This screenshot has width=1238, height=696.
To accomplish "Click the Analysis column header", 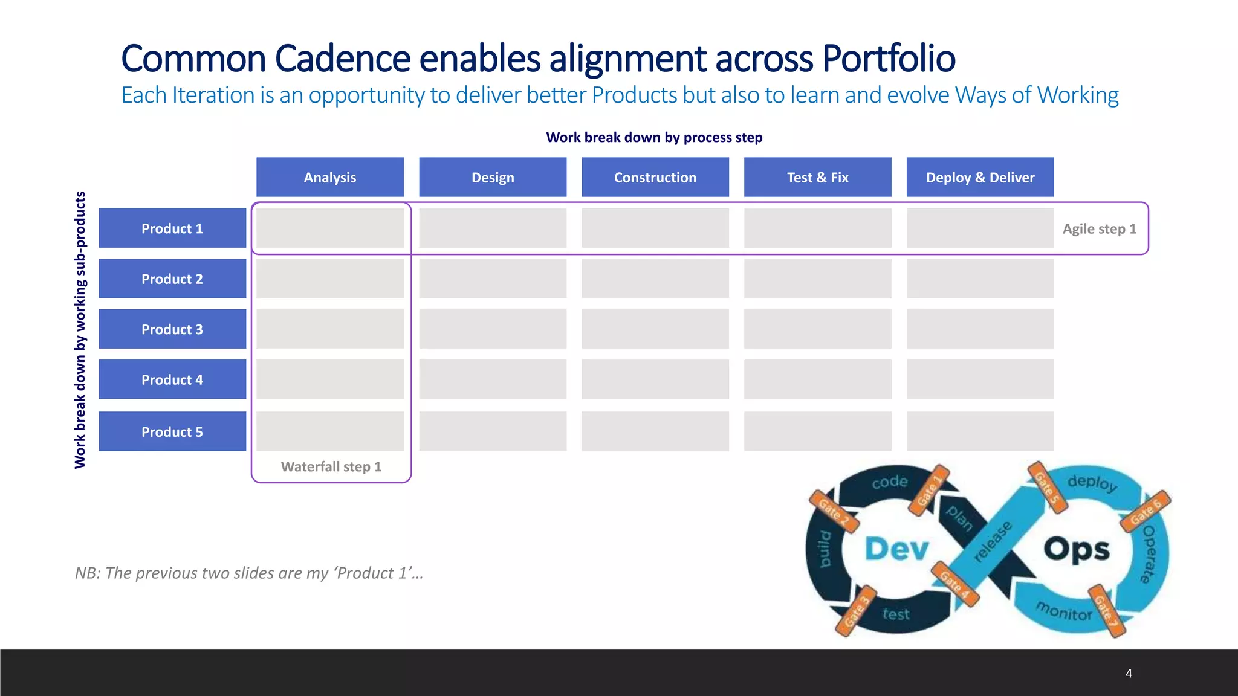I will (329, 177).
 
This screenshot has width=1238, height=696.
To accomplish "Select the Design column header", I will (493, 177).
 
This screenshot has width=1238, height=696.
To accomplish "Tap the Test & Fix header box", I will (817, 177).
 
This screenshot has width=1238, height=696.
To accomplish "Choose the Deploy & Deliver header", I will (980, 177).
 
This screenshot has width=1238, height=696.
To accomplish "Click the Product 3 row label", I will (172, 329).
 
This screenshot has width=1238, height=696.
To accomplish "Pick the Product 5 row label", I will (172, 431).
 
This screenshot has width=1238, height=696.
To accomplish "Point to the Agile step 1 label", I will (1100, 229).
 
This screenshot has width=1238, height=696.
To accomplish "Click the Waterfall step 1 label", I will (331, 466).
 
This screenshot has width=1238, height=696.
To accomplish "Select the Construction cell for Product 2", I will (655, 279).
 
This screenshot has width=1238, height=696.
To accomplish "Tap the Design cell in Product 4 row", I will (493, 379).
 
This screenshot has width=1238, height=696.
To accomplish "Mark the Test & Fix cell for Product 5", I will (817, 431).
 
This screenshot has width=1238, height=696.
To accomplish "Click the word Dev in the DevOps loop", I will (896, 549).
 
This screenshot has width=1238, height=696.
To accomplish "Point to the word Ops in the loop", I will (1077, 549).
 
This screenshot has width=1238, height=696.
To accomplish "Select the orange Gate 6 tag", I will (1146, 511).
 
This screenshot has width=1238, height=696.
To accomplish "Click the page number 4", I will (1129, 673).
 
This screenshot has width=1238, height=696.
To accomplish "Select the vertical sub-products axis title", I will (80, 330).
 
